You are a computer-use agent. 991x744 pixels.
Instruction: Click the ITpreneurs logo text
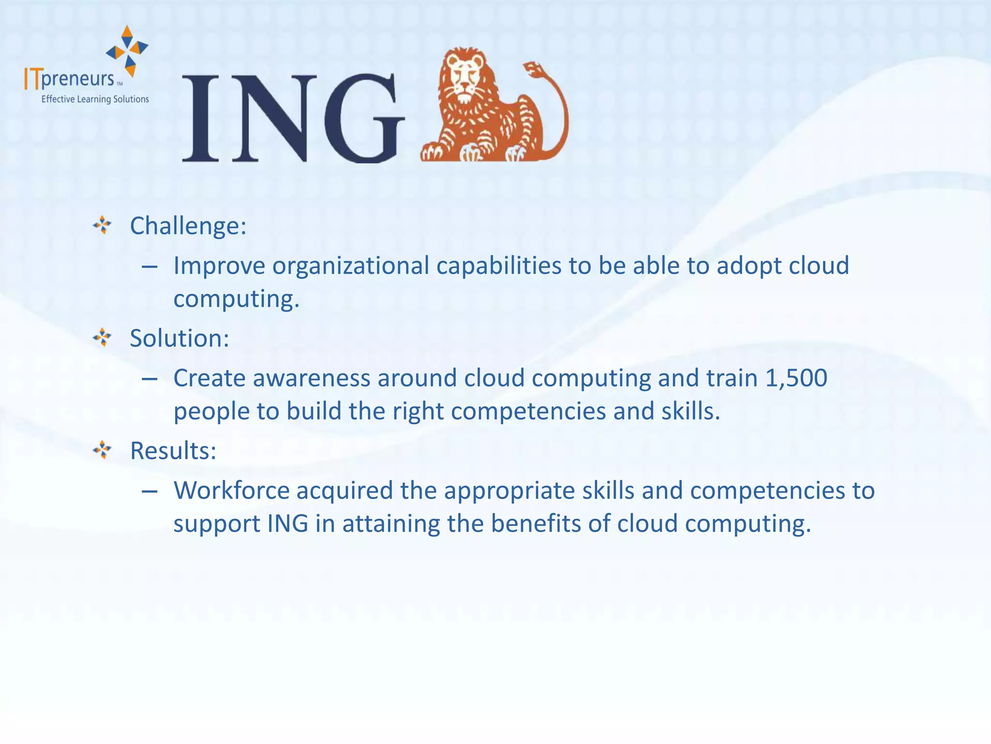tap(70, 79)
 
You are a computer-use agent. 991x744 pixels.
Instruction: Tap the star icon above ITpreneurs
tap(127, 50)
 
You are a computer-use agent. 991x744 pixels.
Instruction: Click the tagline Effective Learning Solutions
tap(95, 99)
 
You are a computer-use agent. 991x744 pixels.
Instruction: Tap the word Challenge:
tap(188, 226)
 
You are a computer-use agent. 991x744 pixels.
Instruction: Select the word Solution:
tap(180, 338)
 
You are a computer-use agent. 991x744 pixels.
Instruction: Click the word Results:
tap(173, 451)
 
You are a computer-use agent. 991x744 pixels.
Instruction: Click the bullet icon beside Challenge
tap(102, 225)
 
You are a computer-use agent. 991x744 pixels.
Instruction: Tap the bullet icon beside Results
tap(102, 450)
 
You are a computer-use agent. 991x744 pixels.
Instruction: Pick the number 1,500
tap(796, 378)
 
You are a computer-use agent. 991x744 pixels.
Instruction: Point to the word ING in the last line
tap(287, 524)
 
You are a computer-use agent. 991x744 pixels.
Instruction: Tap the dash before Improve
tap(150, 267)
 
